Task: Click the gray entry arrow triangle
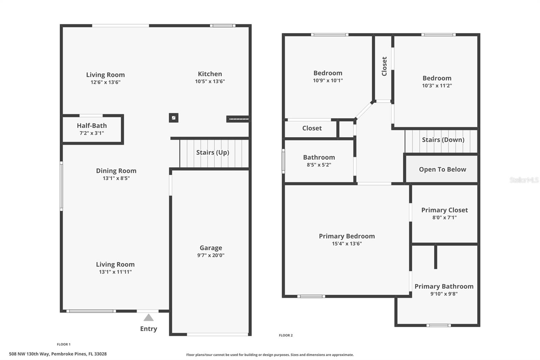click(x=148, y=318)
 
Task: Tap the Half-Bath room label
click(x=92, y=126)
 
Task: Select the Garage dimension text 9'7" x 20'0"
click(x=211, y=255)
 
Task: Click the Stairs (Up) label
click(x=213, y=152)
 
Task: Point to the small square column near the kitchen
click(x=173, y=118)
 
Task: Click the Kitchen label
click(x=210, y=74)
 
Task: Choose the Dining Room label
click(x=116, y=171)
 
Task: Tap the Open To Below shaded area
click(x=442, y=170)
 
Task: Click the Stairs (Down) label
click(x=443, y=140)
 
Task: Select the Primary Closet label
click(x=444, y=210)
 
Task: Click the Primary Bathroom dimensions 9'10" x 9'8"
click(x=444, y=294)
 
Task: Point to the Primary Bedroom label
click(x=347, y=236)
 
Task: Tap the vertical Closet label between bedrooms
click(x=384, y=66)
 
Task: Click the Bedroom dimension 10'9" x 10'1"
click(x=328, y=80)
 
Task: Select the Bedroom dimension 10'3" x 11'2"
click(x=437, y=86)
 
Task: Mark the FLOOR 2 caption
click(x=286, y=335)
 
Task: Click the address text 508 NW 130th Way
click(x=58, y=354)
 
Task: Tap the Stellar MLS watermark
click(x=524, y=180)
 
